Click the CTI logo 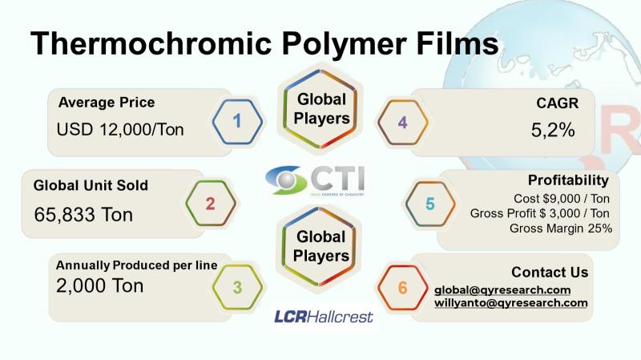click(315, 180)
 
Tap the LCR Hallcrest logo click(324, 317)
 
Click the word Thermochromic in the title click(151, 43)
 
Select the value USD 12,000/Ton click(120, 130)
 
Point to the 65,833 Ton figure click(83, 214)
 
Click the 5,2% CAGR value click(553, 131)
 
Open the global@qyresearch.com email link click(502, 290)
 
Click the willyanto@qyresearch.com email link click(511, 303)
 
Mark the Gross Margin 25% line click(561, 229)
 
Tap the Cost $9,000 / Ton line click(562, 199)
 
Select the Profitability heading click(568, 180)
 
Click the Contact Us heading click(550, 272)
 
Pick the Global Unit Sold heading click(91, 185)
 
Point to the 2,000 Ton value click(99, 285)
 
